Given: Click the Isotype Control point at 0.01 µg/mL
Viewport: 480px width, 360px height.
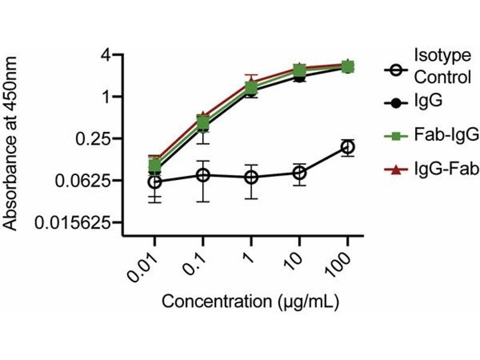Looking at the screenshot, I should [155, 181].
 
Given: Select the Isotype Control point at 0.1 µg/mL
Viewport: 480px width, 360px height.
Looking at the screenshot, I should [203, 175].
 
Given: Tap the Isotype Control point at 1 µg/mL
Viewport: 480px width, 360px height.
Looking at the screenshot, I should [251, 178].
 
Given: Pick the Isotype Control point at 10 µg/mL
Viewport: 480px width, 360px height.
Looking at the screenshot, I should [299, 173].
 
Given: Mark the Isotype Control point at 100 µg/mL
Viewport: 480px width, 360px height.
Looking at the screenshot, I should [347, 147].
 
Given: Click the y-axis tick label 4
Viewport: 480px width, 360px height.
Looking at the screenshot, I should [107, 55].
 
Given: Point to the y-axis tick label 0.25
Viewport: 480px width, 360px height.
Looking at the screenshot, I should [96, 139].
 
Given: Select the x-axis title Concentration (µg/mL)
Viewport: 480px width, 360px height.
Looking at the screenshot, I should [251, 301].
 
